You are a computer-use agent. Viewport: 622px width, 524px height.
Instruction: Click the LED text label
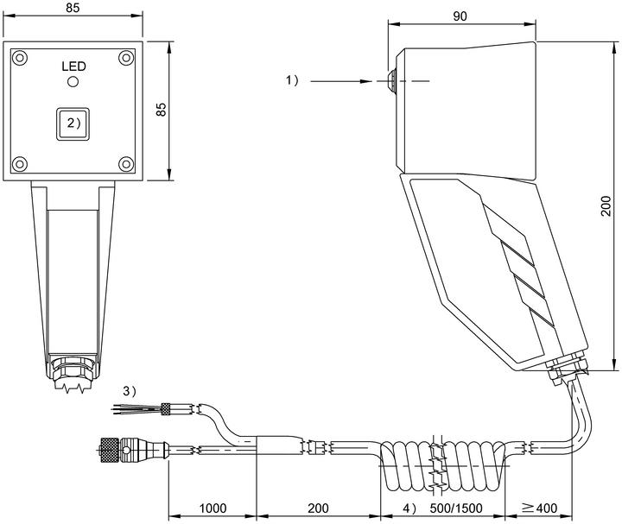[73, 66]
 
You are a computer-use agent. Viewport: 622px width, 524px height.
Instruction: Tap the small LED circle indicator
[73, 82]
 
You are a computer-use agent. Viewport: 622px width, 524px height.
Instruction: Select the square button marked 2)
[73, 124]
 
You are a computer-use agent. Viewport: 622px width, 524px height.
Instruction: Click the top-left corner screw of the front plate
[19, 58]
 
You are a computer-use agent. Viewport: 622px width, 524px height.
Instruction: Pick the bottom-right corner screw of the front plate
[126, 164]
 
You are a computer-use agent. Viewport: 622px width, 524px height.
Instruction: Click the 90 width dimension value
[460, 16]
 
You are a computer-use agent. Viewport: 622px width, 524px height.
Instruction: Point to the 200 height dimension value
[606, 205]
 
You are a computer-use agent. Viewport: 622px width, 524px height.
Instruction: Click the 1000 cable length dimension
[213, 508]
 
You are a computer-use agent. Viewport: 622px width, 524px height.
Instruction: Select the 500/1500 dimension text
[456, 508]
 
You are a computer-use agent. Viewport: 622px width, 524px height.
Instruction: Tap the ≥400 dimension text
[539, 508]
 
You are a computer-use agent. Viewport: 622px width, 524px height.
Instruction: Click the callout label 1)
[292, 80]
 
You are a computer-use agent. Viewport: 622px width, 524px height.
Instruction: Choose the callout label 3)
[130, 392]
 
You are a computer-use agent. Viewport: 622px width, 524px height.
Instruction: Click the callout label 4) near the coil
[410, 508]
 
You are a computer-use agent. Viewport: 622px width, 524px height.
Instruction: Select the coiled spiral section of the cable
[444, 465]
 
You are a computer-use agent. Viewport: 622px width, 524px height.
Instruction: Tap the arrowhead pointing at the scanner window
[365, 81]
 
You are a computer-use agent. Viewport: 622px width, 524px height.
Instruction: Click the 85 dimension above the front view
[73, 8]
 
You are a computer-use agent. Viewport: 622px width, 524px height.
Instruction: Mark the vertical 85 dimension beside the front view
[161, 110]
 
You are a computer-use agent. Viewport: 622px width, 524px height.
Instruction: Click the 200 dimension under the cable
[318, 508]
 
